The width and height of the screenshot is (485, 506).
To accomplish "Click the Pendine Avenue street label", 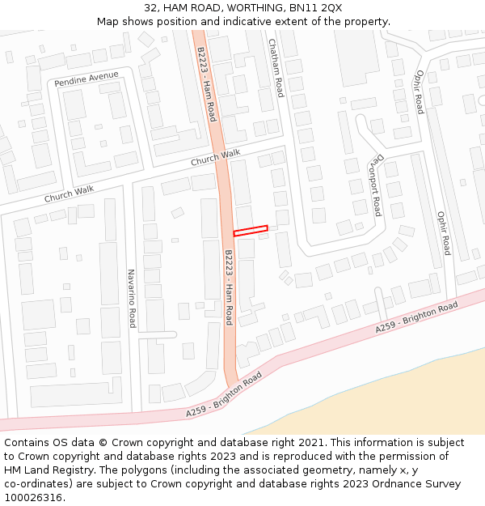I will point(86,79).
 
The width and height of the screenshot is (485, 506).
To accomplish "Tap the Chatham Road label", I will point(276,68).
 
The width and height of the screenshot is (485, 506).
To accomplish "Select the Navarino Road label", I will point(132,299).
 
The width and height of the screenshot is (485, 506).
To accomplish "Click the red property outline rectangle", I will point(251,231).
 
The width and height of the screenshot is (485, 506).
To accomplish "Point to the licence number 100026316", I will point(34,498).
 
